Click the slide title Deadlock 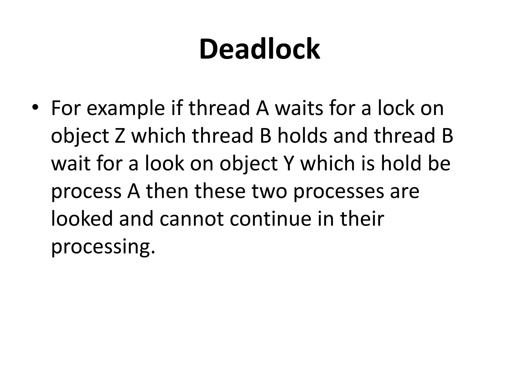[259, 49]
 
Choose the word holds [302, 135]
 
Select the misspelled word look [164, 163]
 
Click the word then [167, 191]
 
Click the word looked [82, 219]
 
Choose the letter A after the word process [133, 191]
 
